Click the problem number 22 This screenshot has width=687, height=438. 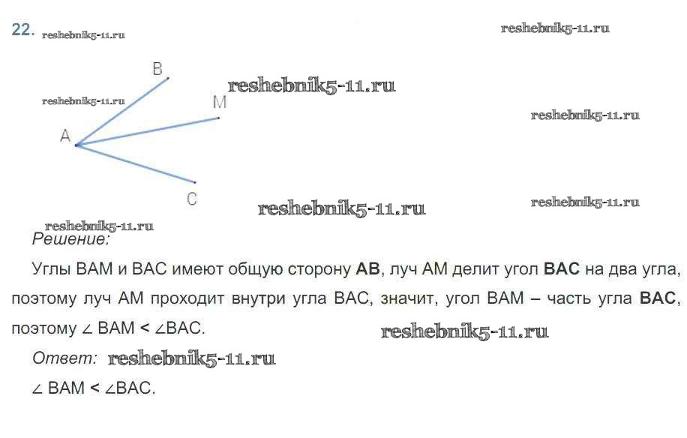[x=22, y=30]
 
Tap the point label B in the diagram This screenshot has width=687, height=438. [x=157, y=69]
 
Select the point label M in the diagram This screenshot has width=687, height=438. [x=219, y=103]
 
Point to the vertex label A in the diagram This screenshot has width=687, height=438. [x=65, y=136]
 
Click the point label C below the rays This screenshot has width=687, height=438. [x=192, y=199]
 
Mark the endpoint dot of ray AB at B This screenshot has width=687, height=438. [x=168, y=77]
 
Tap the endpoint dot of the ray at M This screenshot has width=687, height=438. [x=218, y=118]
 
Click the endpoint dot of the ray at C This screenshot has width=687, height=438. [x=195, y=182]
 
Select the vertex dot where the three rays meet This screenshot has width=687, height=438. [x=76, y=145]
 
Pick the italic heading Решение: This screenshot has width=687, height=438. [x=71, y=240]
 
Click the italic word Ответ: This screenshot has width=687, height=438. [x=64, y=358]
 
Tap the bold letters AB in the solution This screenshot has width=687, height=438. [x=369, y=268]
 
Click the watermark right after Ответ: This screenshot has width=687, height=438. [x=192, y=358]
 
